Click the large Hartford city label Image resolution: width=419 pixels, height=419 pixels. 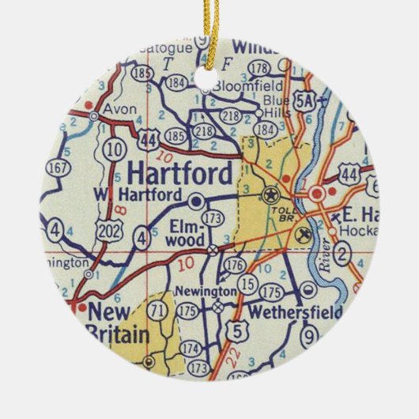tap(179, 173)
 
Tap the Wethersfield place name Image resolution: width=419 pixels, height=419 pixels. tap(295, 311)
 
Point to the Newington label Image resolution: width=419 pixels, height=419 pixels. tap(207, 291)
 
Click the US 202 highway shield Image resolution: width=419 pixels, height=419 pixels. tap(108, 229)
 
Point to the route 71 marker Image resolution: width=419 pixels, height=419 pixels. tap(160, 309)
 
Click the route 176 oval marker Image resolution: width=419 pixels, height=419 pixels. tap(235, 265)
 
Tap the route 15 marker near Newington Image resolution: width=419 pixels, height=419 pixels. tap(248, 283)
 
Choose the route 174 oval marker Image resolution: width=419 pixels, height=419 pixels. tap(191, 348)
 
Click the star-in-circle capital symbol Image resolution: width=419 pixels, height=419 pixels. tap(271, 193)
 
